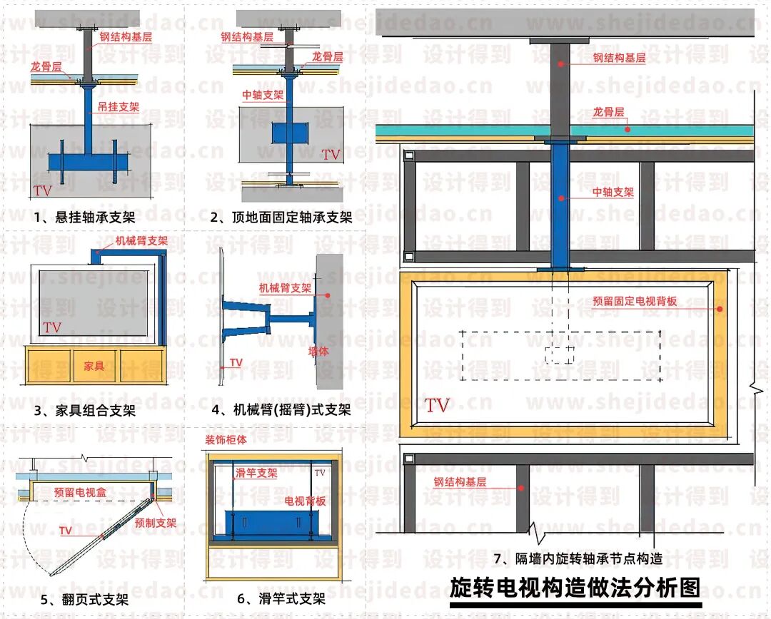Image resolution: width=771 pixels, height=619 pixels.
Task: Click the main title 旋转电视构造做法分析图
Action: (575, 588)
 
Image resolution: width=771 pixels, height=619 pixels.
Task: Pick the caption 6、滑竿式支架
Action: (281, 599)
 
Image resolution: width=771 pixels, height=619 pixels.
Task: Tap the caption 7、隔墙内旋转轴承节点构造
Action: (578, 558)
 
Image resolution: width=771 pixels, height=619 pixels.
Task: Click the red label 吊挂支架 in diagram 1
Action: (118, 108)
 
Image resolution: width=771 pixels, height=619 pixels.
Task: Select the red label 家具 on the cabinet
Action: (94, 366)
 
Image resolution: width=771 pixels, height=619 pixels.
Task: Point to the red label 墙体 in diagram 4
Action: (318, 352)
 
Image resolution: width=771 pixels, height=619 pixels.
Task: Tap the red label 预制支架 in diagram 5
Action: (156, 523)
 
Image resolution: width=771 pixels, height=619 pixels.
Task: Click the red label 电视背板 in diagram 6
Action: (306, 501)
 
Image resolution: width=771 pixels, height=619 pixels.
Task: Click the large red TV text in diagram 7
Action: (437, 406)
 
